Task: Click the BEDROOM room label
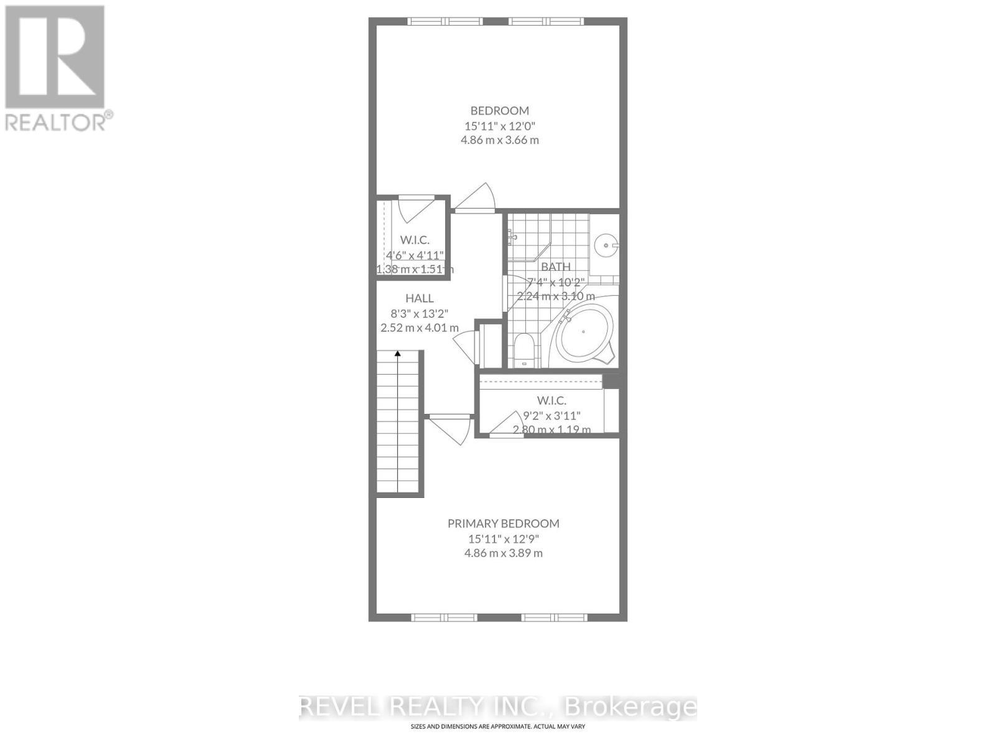(x=499, y=111)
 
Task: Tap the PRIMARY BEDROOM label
(x=503, y=524)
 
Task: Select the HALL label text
(x=419, y=298)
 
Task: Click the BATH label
(x=555, y=266)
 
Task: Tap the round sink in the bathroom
(x=604, y=245)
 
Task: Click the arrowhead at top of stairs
(x=398, y=354)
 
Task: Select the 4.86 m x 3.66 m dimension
(x=499, y=140)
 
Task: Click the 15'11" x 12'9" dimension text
(x=503, y=538)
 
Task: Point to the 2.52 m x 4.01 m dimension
(x=419, y=327)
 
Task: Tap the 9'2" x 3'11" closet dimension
(x=552, y=415)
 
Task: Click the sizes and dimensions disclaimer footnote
(x=497, y=726)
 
